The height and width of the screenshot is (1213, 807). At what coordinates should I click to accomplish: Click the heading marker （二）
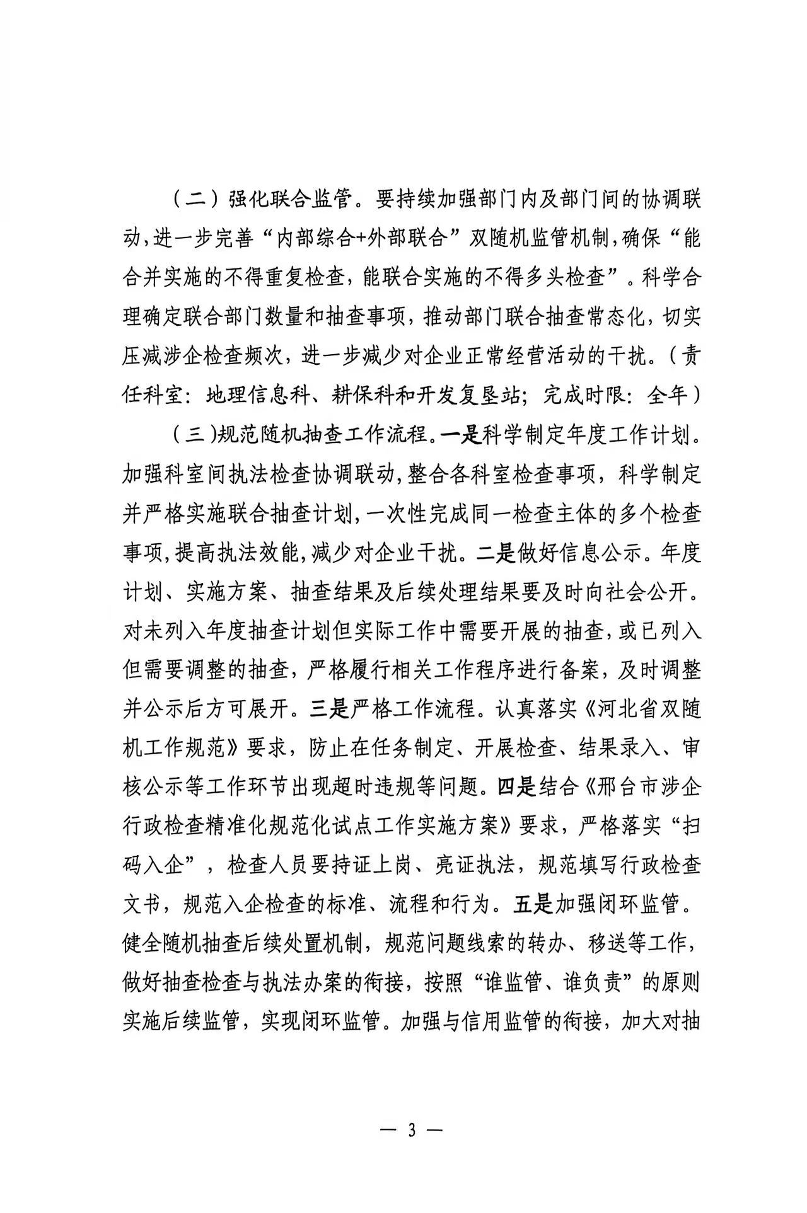point(189,200)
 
